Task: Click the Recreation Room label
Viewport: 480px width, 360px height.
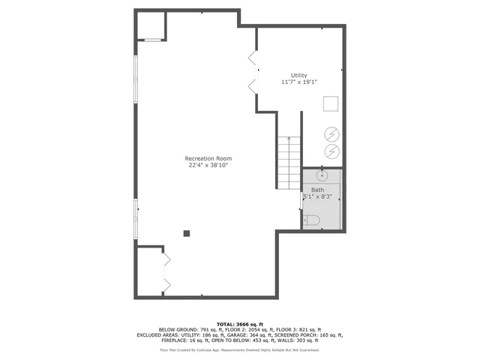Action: [x=208, y=158]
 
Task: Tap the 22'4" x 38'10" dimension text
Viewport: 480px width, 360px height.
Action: [x=208, y=165]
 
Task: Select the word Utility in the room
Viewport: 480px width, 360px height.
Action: [x=299, y=75]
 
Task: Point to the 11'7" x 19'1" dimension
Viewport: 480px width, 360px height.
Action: [x=299, y=82]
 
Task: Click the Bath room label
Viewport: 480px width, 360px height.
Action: [x=318, y=190]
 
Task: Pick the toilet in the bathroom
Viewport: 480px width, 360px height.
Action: [x=312, y=220]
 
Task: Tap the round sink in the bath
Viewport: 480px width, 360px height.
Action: [x=321, y=177]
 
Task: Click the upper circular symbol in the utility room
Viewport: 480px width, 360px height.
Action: [x=331, y=134]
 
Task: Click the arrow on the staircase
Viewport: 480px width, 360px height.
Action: [x=289, y=140]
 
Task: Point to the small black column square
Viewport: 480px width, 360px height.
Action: [x=187, y=233]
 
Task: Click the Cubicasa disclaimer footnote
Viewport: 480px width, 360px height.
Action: [x=239, y=349]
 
